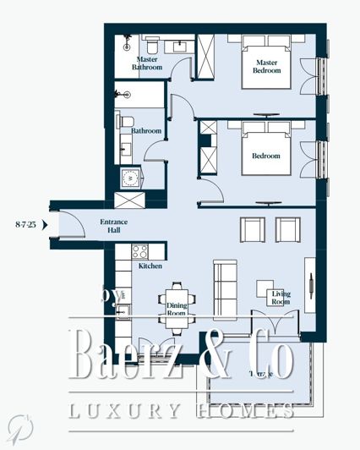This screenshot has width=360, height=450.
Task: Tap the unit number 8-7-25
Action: click(25, 225)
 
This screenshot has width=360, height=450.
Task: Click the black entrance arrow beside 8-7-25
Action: click(46, 225)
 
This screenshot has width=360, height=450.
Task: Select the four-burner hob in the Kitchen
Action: click(139, 252)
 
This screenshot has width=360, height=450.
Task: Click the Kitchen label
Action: click(127, 266)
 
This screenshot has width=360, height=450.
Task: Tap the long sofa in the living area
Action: click(224, 278)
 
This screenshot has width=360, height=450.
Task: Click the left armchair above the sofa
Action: click(252, 229)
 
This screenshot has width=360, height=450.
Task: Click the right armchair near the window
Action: click(287, 229)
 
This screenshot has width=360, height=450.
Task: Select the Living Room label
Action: click(280, 298)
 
